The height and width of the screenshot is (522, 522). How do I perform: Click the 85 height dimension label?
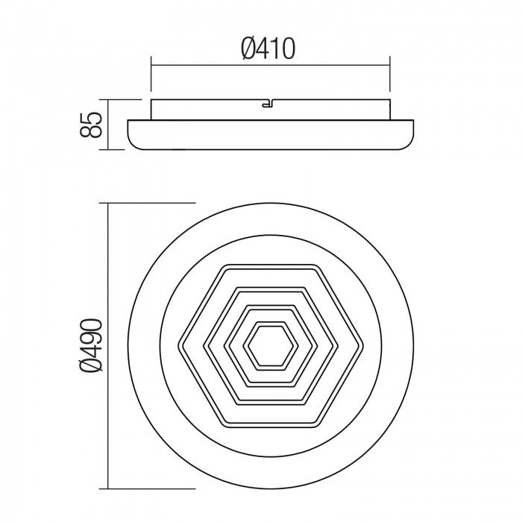(90, 124)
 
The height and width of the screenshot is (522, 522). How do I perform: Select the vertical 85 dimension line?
(110, 125)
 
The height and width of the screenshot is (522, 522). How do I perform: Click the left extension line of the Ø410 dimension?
(151, 78)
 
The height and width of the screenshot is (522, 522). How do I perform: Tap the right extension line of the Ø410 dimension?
(390, 78)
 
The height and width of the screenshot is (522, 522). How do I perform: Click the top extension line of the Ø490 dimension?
(149, 202)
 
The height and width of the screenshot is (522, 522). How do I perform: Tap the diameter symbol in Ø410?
(249, 48)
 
